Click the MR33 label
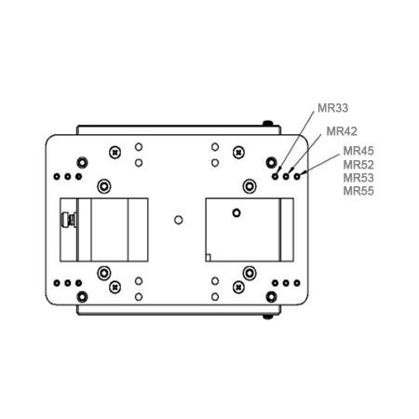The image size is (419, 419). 332,108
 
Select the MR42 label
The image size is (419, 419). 342,131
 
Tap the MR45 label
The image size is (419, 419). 358,151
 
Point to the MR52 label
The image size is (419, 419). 358,165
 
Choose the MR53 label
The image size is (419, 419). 358,178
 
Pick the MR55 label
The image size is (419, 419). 358,191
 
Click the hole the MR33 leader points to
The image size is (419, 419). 275,177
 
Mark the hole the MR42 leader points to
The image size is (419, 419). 286,177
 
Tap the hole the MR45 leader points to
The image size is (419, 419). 297,177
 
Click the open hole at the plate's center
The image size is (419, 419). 178,220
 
